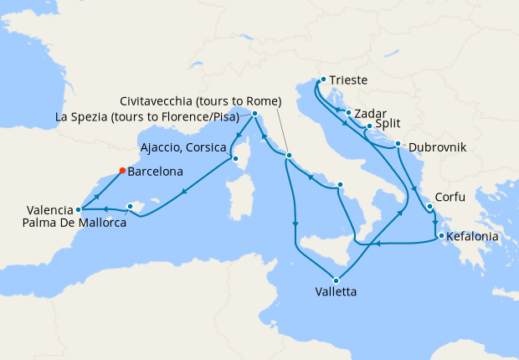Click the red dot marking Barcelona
pos(122,170)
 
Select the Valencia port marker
pos(78,209)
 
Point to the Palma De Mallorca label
pos(75,224)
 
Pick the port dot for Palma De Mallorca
pos(130,206)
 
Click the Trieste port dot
pos(321,81)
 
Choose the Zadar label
pos(369,112)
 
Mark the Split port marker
pos(369,126)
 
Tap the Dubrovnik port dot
pos(398,144)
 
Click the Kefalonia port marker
pos(440,235)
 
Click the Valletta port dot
pos(337,280)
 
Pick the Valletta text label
pos(336,293)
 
